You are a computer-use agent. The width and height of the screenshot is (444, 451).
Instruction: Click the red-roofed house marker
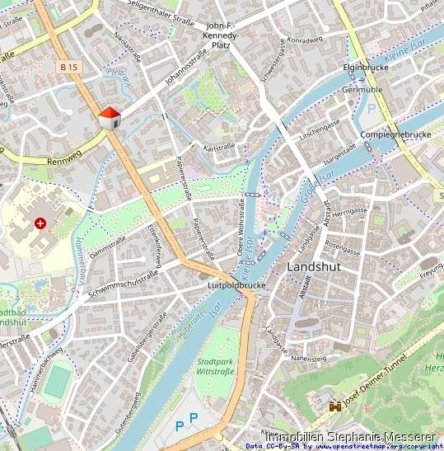click(109, 118)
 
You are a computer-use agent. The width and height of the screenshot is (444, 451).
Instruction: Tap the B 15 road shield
click(69, 64)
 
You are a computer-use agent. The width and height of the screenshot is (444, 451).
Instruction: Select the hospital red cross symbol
click(40, 223)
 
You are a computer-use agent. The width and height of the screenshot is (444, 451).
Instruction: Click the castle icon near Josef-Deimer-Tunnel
click(335, 406)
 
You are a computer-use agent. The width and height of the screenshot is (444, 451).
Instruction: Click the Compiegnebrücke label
click(395, 134)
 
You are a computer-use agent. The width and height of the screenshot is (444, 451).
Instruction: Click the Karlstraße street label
click(219, 147)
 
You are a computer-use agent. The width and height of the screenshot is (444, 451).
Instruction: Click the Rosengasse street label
click(343, 245)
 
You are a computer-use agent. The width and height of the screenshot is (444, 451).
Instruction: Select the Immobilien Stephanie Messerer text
click(353, 435)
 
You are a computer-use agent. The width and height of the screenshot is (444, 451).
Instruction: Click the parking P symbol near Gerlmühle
click(371, 109)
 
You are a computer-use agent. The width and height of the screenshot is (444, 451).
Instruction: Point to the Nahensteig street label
click(308, 359)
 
